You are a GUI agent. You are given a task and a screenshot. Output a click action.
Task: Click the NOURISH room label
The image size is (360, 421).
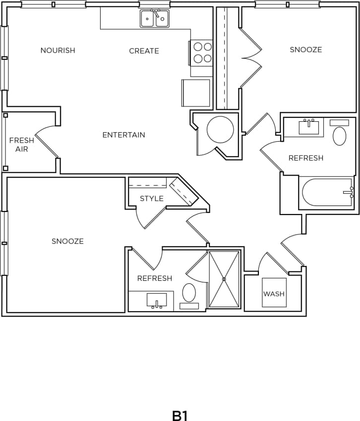pos(58,51)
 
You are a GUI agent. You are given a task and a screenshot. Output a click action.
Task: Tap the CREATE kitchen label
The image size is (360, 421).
pos(144,51)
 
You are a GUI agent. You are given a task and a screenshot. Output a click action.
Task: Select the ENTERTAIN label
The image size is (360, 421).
pos(123,135)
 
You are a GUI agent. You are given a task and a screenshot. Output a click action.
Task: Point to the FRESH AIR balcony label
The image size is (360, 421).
pos(22,145)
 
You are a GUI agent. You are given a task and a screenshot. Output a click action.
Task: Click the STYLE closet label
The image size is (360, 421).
pos(151,199)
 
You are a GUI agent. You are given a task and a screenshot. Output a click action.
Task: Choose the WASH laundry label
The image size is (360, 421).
pos(274,294)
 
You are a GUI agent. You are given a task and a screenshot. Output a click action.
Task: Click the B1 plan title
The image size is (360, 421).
pos(180,415)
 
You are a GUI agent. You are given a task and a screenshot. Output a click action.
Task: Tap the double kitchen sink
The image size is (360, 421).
pos(155,19)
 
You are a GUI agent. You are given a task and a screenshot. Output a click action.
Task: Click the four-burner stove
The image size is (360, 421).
pos(202,53)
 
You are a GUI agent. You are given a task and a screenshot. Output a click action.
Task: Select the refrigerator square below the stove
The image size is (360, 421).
pos(197,93)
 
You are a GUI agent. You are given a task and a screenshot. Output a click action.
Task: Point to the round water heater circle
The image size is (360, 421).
pos(220,130)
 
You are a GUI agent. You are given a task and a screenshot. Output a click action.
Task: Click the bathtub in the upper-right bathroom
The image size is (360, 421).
pos(326,193)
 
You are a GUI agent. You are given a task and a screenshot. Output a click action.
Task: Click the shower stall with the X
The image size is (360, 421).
pos(224,279)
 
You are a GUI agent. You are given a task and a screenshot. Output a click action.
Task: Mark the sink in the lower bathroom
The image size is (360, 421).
pos(157,300)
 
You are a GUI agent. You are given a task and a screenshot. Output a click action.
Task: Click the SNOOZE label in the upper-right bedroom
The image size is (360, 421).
pos(306,50)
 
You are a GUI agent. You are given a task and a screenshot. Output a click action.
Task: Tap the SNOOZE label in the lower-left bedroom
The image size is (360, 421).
pos(67,241)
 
